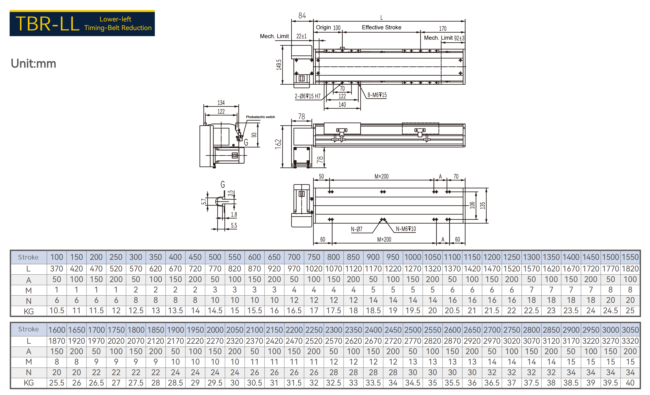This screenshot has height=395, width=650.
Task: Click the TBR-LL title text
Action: coord(48,24)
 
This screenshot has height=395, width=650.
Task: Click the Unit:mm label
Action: coord(34,64)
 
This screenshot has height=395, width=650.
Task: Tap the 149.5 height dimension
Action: coord(279,65)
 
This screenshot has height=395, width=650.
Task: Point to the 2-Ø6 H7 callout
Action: coord(308,96)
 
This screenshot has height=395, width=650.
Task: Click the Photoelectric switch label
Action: coord(260,117)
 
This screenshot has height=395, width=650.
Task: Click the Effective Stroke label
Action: coord(381,27)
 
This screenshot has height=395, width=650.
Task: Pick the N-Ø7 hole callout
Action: coord(356,229)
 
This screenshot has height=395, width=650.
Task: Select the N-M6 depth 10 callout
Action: coord(406,229)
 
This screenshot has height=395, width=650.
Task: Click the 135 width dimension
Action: coord(482,205)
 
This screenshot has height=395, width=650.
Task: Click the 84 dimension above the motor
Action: coord(302,16)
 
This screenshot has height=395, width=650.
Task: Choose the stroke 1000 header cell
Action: coord(413,257)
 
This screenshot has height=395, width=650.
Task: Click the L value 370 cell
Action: coord(57,269)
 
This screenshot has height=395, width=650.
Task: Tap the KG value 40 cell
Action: coord(630,383)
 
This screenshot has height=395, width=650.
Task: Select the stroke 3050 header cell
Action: coord(630,330)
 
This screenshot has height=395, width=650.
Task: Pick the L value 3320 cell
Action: coord(630,341)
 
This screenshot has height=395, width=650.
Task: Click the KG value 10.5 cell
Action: coord(57,311)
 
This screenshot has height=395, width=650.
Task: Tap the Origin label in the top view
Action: coord(323,27)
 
